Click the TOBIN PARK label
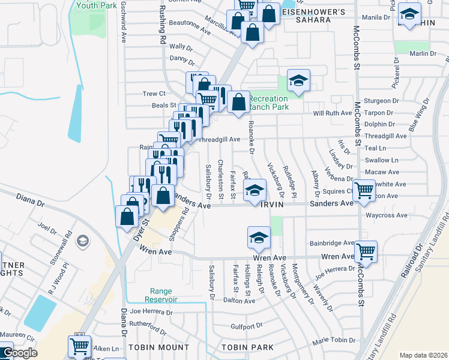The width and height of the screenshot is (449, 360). coord(247,347)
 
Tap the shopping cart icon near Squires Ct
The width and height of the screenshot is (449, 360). coord(364,191)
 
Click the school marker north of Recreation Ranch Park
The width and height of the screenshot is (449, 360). coord(298,80)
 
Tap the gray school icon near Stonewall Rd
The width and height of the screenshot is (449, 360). coord(83,241)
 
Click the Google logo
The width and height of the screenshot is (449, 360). coord(20,353)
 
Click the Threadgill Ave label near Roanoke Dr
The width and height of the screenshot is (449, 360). coord(218,139)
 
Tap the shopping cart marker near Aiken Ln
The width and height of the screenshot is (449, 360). coord(79,346)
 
